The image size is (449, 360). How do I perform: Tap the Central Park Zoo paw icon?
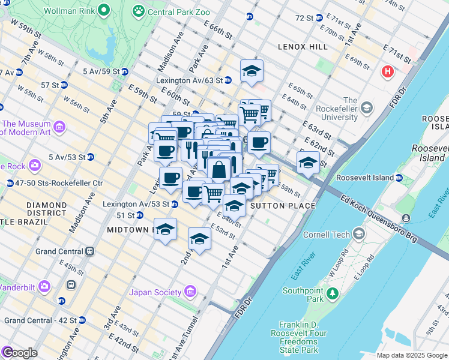(x=139, y=10)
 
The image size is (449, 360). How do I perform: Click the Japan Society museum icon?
(x=190, y=292)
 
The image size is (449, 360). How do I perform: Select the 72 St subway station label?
(x=306, y=19)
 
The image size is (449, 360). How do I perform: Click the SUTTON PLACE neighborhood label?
(x=282, y=206)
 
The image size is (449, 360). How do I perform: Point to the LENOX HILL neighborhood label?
(x=303, y=47)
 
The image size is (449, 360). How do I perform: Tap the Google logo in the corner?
(x=19, y=353)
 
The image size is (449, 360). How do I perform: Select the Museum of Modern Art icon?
(x=59, y=127)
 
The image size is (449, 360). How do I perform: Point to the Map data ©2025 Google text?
(x=411, y=355)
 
